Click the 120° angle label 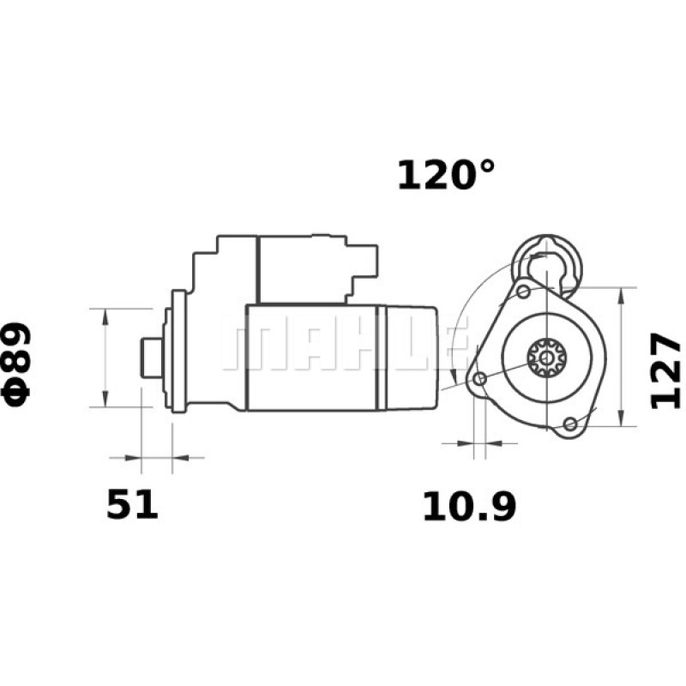pyautogui.click(x=446, y=175)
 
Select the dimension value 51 pyautogui.click(x=133, y=504)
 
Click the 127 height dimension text pyautogui.click(x=665, y=370)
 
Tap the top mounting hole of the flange pyautogui.click(x=523, y=292)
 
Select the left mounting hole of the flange pyautogui.click(x=480, y=378)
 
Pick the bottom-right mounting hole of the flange pyautogui.click(x=569, y=423)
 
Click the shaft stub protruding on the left pyautogui.click(x=152, y=356)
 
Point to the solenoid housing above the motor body pyautogui.click(x=300, y=268)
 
